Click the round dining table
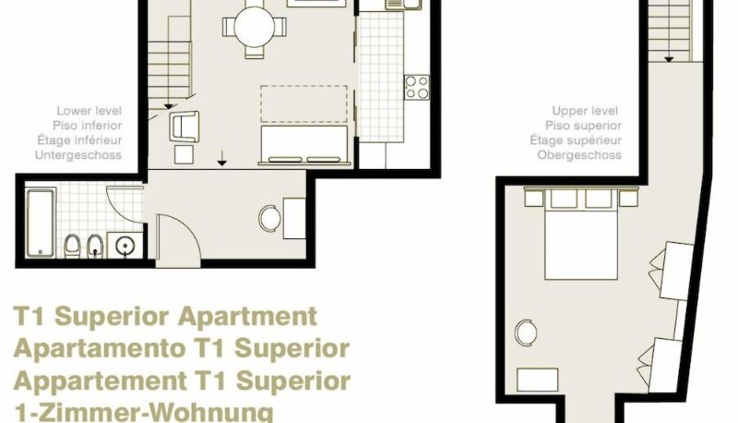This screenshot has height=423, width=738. (255, 27)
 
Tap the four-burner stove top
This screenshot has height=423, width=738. (417, 87)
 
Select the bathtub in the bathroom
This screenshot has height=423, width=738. (41, 223)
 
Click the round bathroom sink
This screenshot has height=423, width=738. (125, 246)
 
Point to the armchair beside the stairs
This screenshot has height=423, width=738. (184, 126)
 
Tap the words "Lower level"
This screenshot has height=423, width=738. (89, 111)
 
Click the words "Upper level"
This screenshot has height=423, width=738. (585, 111)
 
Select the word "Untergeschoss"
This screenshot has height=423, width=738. (78, 155)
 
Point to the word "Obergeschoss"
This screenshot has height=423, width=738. (579, 155)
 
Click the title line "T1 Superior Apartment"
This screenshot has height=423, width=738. (165, 317)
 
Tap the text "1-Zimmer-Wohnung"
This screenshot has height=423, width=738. (144, 412)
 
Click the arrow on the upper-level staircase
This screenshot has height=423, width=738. (669, 59)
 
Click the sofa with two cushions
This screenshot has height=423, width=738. (304, 145)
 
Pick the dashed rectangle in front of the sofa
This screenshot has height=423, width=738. (304, 104)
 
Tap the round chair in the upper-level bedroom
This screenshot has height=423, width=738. (526, 332)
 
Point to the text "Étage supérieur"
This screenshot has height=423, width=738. (576, 140)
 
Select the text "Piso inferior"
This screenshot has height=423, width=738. (87, 126)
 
